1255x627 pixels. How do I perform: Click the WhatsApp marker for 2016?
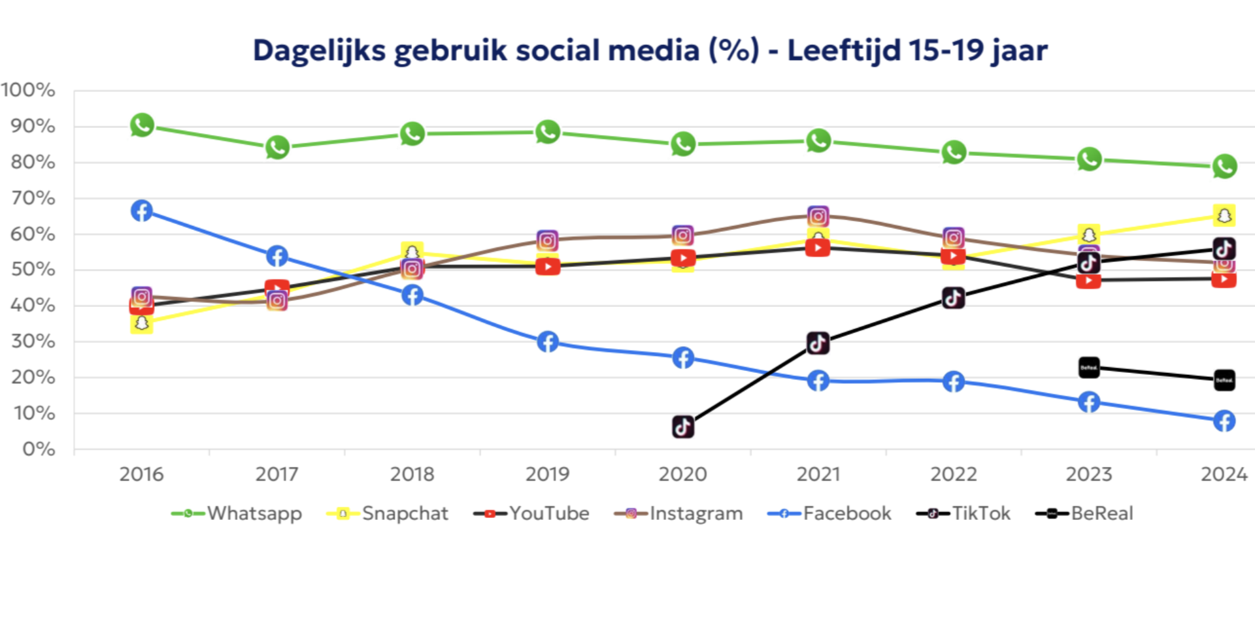click(142, 125)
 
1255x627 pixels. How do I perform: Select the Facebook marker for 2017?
click(277, 256)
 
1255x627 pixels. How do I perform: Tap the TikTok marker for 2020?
click(683, 427)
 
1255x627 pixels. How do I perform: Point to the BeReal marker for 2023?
click(1089, 368)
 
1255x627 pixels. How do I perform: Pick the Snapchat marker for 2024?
click(1224, 215)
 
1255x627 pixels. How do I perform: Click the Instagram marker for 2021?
click(818, 216)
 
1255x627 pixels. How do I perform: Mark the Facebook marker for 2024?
click(1224, 421)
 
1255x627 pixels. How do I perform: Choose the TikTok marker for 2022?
click(954, 298)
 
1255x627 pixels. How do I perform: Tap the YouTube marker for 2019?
click(548, 266)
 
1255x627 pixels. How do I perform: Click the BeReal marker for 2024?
click(1224, 380)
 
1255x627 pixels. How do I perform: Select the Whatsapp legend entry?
click(237, 513)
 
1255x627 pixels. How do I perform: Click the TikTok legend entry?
click(963, 513)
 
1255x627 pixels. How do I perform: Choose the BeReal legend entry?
click(1084, 513)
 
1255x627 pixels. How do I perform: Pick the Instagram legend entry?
click(678, 513)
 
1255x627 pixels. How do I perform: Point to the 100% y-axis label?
click(28, 90)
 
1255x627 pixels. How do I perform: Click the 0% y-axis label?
click(39, 449)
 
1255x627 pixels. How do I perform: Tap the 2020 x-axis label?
click(683, 474)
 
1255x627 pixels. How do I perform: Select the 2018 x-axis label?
click(412, 474)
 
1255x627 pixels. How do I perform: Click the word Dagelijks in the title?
click(319, 51)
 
